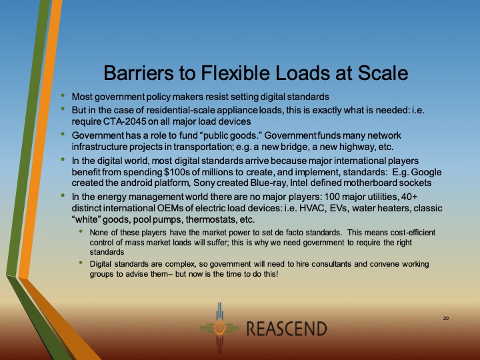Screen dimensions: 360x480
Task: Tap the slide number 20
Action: point(446,319)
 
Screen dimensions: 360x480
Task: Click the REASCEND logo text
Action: point(287,329)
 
